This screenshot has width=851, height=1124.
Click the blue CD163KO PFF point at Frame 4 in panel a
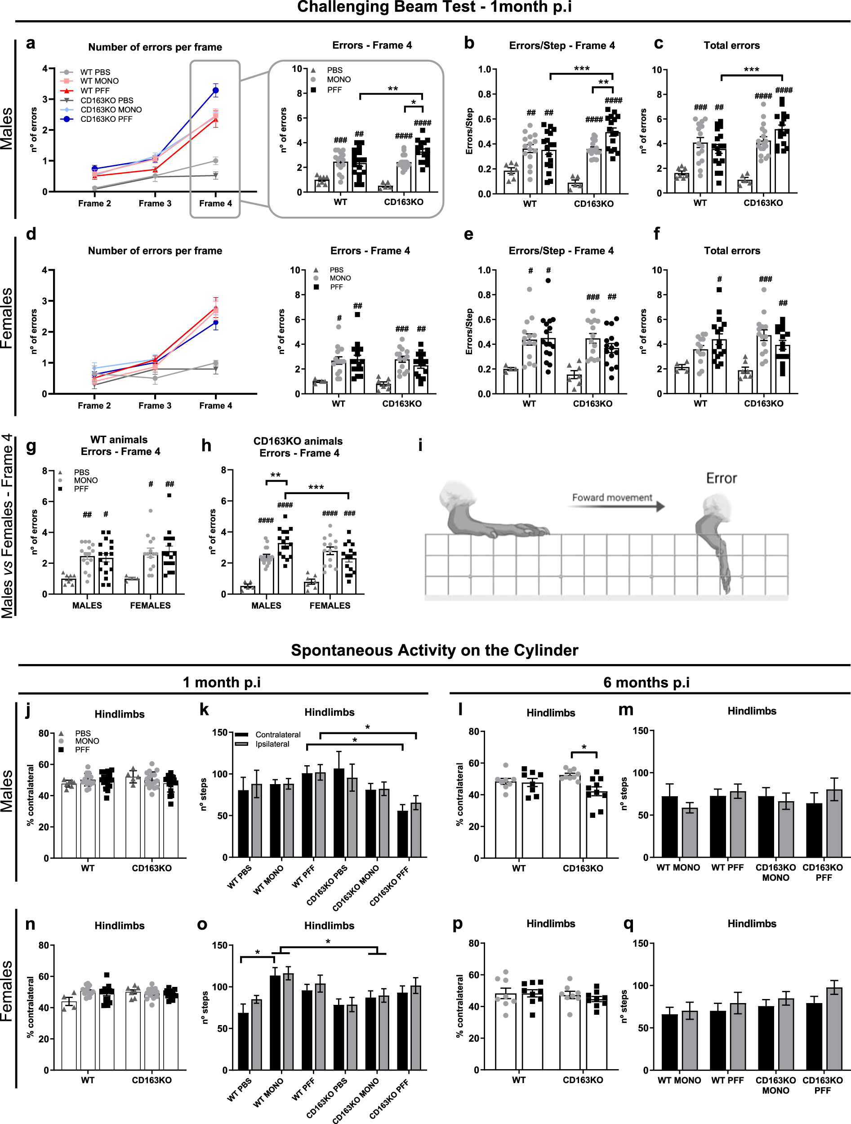215,91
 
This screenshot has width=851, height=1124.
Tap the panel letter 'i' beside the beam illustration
420,446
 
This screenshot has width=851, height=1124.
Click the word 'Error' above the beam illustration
721,478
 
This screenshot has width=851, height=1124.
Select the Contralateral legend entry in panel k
277,735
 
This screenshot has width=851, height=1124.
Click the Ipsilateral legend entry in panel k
272,744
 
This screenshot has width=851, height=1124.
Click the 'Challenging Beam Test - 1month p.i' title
434,7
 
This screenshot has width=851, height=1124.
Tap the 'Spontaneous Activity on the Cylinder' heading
434,651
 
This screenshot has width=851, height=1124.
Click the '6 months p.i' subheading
646,682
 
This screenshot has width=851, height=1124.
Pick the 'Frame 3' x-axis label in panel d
155,406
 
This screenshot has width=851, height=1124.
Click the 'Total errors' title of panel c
731,45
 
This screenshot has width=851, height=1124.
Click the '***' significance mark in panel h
316,487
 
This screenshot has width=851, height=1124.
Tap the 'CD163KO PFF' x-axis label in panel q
822,1085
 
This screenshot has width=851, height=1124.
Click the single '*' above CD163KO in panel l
584,748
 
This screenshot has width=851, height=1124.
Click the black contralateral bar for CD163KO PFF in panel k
402,834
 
